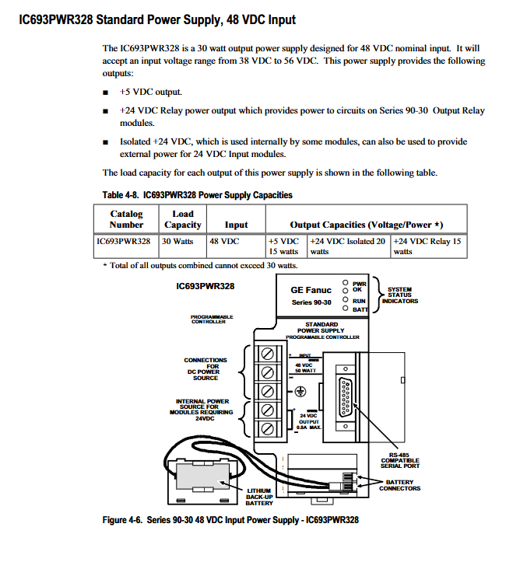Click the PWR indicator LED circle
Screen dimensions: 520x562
coord(345,282)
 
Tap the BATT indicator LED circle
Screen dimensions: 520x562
coord(345,309)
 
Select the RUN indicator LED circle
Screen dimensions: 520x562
coord(345,299)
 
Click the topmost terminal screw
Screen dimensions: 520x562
coord(267,354)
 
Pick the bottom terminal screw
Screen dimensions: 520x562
coord(267,428)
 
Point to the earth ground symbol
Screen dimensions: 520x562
coord(300,392)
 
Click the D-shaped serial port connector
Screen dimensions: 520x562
coord(345,397)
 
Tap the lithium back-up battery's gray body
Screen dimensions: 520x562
coord(202,477)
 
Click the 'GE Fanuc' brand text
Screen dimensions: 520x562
coord(311,290)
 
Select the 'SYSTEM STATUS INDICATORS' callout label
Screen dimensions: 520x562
coord(400,295)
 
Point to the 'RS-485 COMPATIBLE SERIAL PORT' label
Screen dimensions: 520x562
coord(400,460)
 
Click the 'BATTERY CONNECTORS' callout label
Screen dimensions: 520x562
coord(400,485)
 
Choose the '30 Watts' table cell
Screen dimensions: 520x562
coord(183,246)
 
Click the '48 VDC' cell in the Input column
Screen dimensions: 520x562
coord(236,246)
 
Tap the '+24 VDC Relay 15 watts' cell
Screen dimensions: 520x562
coord(429,246)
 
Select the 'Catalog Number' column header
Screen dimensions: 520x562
coord(126,219)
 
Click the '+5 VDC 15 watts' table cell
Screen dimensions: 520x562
coord(286,246)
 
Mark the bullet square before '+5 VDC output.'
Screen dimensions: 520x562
coord(106,93)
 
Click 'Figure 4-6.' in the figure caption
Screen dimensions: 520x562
coord(122,520)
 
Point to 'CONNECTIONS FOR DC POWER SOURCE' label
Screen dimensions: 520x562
coord(206,368)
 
